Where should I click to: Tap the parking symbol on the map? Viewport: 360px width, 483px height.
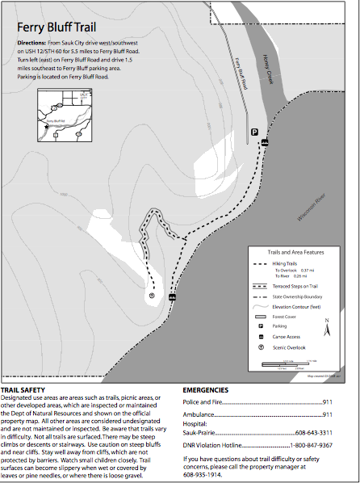click(x=253, y=132)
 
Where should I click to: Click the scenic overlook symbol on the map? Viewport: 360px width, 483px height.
click(x=152, y=296)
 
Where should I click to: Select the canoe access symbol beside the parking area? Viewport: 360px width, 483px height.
click(x=265, y=142)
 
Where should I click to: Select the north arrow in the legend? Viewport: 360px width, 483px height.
click(x=327, y=328)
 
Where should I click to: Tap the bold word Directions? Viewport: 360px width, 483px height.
click(x=31, y=40)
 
